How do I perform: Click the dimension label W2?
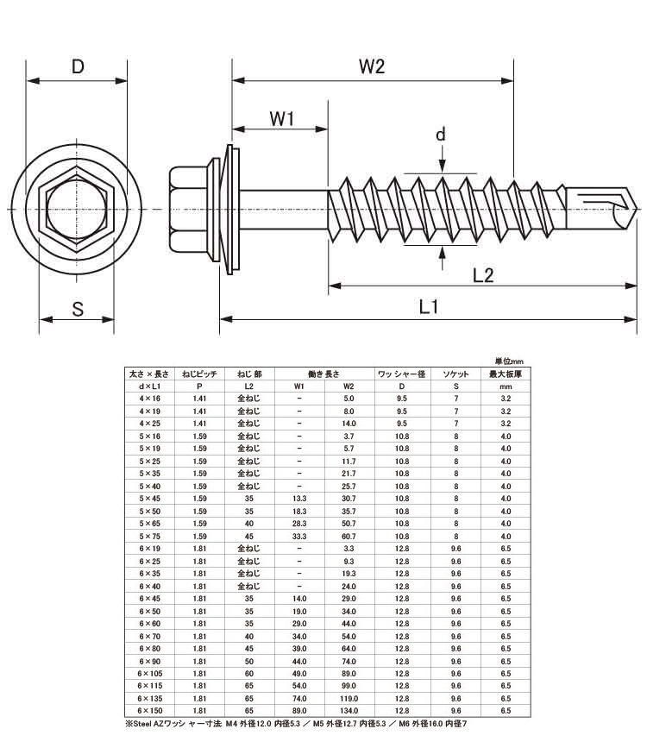pos(371,67)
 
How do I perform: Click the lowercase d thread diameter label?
pos(441,135)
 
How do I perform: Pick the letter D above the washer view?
pos(77,67)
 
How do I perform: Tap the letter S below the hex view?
pos(77,309)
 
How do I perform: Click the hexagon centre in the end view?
pos(77,209)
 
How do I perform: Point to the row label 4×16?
pos(149,399)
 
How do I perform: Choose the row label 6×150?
pos(149,710)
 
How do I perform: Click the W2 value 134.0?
pos(349,710)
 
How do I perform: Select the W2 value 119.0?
pos(349,698)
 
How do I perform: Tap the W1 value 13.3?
pos(299,499)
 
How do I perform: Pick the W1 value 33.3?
pos(299,536)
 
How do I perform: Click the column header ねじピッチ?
pos(200,374)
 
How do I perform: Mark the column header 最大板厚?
pos(506,374)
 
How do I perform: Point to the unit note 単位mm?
pos(509,361)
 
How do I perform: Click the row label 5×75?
pos(149,536)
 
